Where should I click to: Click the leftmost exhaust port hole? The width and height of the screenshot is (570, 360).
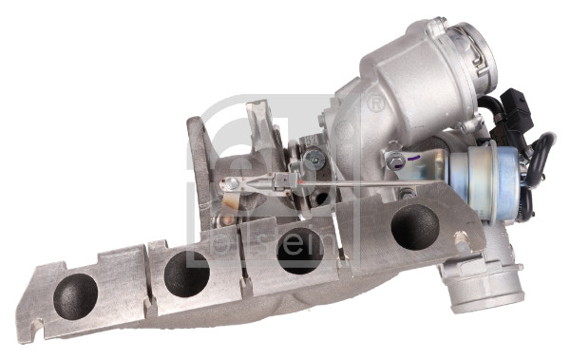tap(75, 295)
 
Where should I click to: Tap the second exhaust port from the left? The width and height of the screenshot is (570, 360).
tap(186, 274)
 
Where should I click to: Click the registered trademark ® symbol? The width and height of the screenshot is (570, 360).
tap(376, 103)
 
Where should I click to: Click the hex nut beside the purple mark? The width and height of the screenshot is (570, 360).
tap(389, 161)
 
